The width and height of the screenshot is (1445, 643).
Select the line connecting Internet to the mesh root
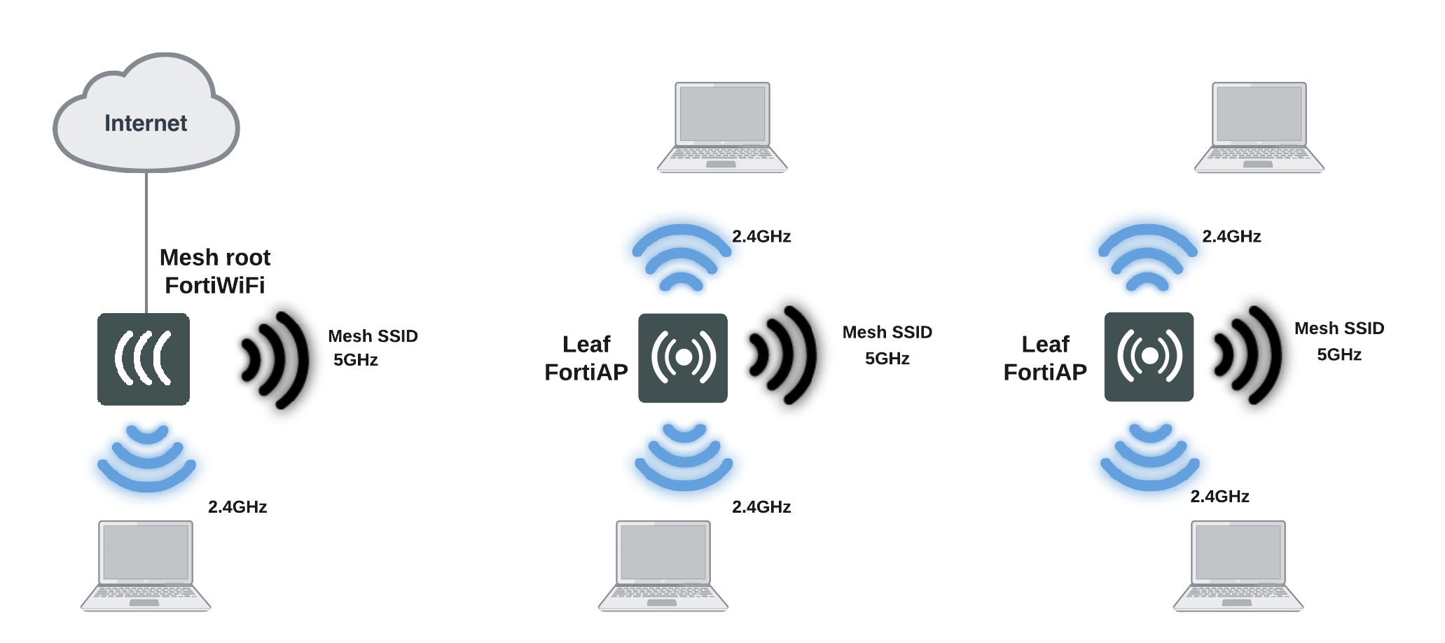pos(146,242)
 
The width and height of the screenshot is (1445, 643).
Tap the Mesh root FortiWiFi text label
pos(215,272)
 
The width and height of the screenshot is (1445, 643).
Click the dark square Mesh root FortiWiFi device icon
pos(144,359)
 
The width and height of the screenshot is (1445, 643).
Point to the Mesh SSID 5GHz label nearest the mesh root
pos(372,348)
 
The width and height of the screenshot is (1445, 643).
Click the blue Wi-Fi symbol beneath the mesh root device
pos(147,458)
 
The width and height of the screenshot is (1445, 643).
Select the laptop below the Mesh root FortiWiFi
pos(146,566)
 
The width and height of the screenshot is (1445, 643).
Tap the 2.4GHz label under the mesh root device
pos(237,507)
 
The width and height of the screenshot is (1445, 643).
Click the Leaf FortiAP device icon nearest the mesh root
pos(683,358)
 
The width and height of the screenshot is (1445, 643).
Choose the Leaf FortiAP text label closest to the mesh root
pos(586,359)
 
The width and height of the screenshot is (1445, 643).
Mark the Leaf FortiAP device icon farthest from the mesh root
pos(1149,357)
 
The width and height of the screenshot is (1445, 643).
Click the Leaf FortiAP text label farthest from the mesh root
pos(1045,359)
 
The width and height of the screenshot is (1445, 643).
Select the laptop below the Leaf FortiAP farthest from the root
pos(1238,566)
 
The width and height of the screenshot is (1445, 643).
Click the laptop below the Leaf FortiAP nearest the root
pos(663,566)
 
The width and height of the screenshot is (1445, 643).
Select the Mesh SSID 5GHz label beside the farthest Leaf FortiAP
pos(1339,341)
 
